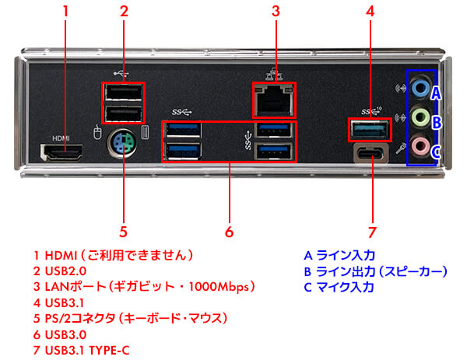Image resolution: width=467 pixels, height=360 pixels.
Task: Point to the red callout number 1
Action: click(66, 12)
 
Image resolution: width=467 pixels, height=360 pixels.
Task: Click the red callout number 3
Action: click(275, 12)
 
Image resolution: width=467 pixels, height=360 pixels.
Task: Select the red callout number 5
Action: click(123, 231)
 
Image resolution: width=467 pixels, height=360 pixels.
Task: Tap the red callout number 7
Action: click(373, 231)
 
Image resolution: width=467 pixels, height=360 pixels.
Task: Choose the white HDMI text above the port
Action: click(61, 138)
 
